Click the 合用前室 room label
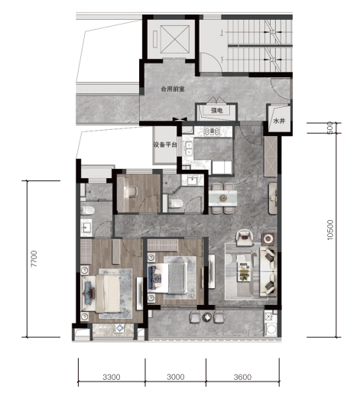click(x=173, y=89)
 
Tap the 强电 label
click(x=216, y=110)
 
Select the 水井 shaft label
click(x=279, y=121)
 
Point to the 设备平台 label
click(x=165, y=144)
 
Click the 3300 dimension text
click(x=112, y=377)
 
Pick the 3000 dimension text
click(x=176, y=377)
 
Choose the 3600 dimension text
click(x=242, y=377)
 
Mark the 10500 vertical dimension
click(x=330, y=229)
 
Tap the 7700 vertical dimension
click(x=34, y=258)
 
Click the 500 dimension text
click(x=329, y=128)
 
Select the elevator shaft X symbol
click(x=175, y=40)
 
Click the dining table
click(x=222, y=198)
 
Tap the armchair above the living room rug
click(x=245, y=238)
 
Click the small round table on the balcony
click(x=207, y=317)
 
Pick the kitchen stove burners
click(x=212, y=131)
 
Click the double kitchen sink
click(x=189, y=148)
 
